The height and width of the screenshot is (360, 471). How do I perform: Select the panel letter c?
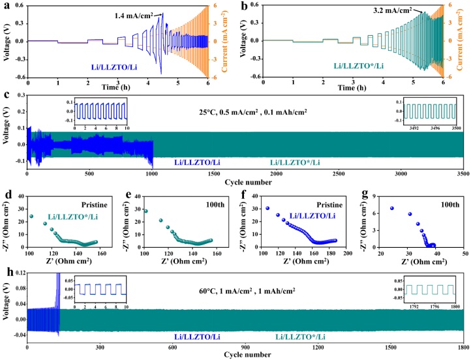click(x=6, y=93)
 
